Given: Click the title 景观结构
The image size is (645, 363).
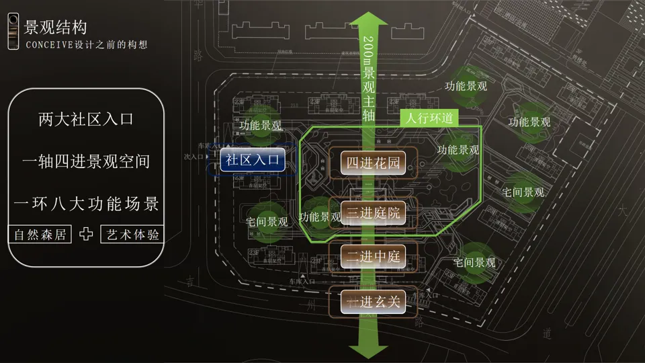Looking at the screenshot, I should tap(55, 28).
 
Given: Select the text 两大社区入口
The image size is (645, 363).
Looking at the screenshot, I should tap(86, 120).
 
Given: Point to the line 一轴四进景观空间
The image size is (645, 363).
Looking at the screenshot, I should tap(86, 162).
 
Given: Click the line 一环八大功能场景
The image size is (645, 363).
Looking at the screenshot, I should tap(86, 202).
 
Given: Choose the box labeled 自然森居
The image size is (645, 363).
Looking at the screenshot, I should tap(40, 235).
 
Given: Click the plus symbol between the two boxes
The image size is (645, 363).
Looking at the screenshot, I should tap(86, 235).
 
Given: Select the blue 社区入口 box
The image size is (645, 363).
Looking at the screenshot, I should tap(252, 160).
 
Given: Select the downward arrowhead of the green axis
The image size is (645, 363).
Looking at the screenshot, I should tap(368, 350).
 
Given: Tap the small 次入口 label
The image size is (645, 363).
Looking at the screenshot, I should tap(193, 157).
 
